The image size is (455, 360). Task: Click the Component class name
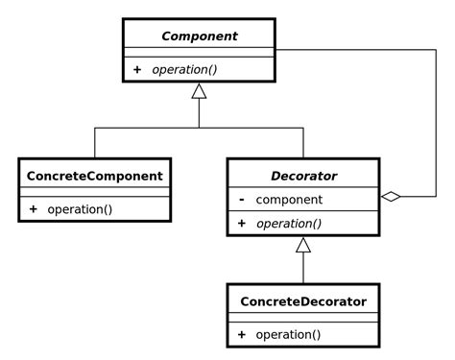click(199, 36)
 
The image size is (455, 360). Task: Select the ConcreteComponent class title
click(94, 176)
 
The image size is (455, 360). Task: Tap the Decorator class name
click(303, 176)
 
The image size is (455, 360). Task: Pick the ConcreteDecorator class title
click(303, 301)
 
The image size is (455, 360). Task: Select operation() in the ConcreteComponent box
click(80, 209)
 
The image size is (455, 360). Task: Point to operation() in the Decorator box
click(289, 224)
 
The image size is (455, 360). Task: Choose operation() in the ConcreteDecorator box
click(289, 335)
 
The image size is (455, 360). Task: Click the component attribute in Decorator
click(289, 200)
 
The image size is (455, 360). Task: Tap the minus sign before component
click(241, 200)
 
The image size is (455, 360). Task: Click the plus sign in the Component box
click(137, 70)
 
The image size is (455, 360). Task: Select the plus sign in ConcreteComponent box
click(33, 209)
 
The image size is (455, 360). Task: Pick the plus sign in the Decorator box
click(241, 224)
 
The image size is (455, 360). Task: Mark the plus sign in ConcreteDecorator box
click(241, 335)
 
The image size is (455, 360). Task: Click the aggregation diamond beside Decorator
click(390, 197)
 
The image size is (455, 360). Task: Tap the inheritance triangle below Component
click(199, 91)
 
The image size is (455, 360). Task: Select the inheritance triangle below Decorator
click(303, 245)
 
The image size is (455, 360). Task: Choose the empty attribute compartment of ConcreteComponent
click(94, 192)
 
